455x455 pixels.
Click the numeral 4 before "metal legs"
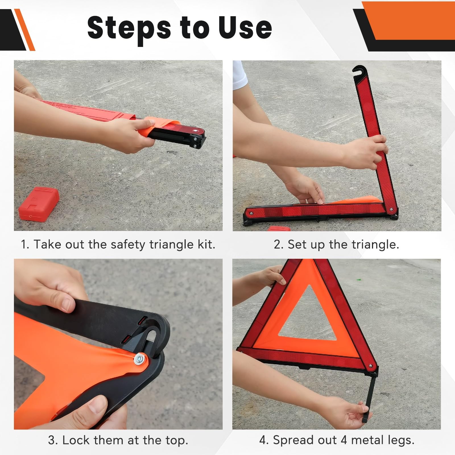point(344,440)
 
